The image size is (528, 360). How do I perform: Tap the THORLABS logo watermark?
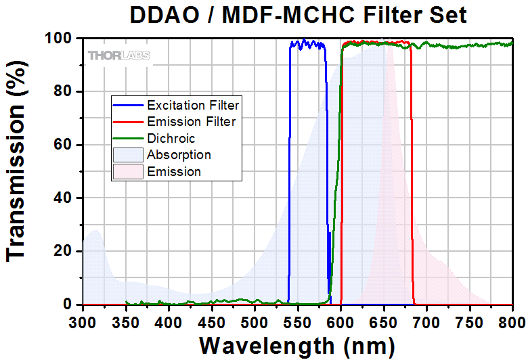click(x=118, y=55)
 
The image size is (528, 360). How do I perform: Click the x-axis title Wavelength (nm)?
click(x=297, y=346)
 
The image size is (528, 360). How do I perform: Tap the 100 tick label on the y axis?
click(x=58, y=39)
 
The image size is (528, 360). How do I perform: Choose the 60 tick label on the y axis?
click(x=63, y=145)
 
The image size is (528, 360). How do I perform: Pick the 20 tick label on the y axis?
click(x=63, y=251)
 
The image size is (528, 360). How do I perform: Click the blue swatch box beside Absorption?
click(x=129, y=155)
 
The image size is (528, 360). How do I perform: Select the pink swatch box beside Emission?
click(x=129, y=171)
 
